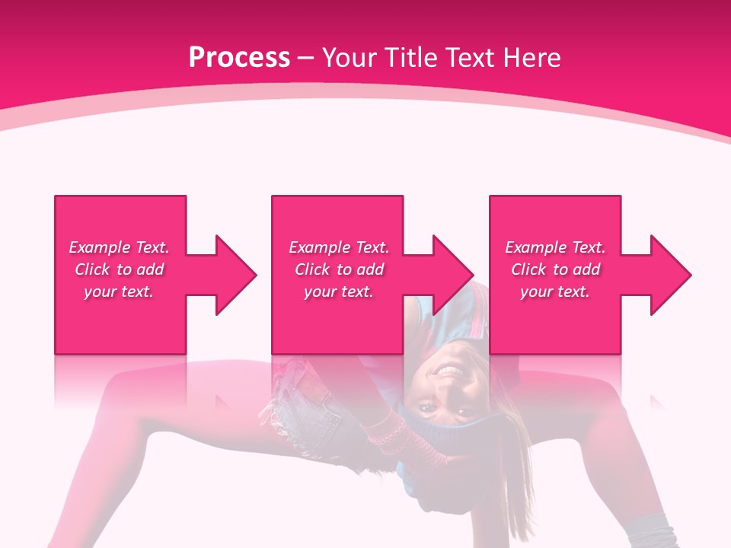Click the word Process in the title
point(239,58)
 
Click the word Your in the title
point(350,58)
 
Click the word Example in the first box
point(99,247)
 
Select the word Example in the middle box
point(319,247)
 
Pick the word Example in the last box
point(535,247)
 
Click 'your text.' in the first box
point(119,292)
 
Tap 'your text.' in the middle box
point(339,292)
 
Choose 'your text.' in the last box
point(555,292)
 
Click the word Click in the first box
point(92,269)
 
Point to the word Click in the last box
point(528,269)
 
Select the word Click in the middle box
point(312,269)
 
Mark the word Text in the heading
point(468,58)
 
